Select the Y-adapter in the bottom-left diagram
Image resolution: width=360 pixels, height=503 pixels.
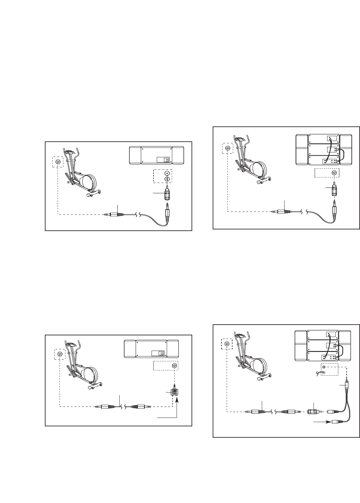tap(175, 393)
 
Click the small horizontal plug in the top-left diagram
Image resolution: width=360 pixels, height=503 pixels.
tap(113, 214)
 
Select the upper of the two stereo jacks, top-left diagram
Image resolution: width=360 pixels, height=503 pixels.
tap(167, 173)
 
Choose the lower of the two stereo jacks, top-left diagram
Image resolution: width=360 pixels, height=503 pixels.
tap(167, 179)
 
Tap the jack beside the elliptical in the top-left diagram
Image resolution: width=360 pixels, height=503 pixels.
tap(58, 162)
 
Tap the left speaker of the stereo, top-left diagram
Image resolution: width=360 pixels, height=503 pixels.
tap(135, 155)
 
